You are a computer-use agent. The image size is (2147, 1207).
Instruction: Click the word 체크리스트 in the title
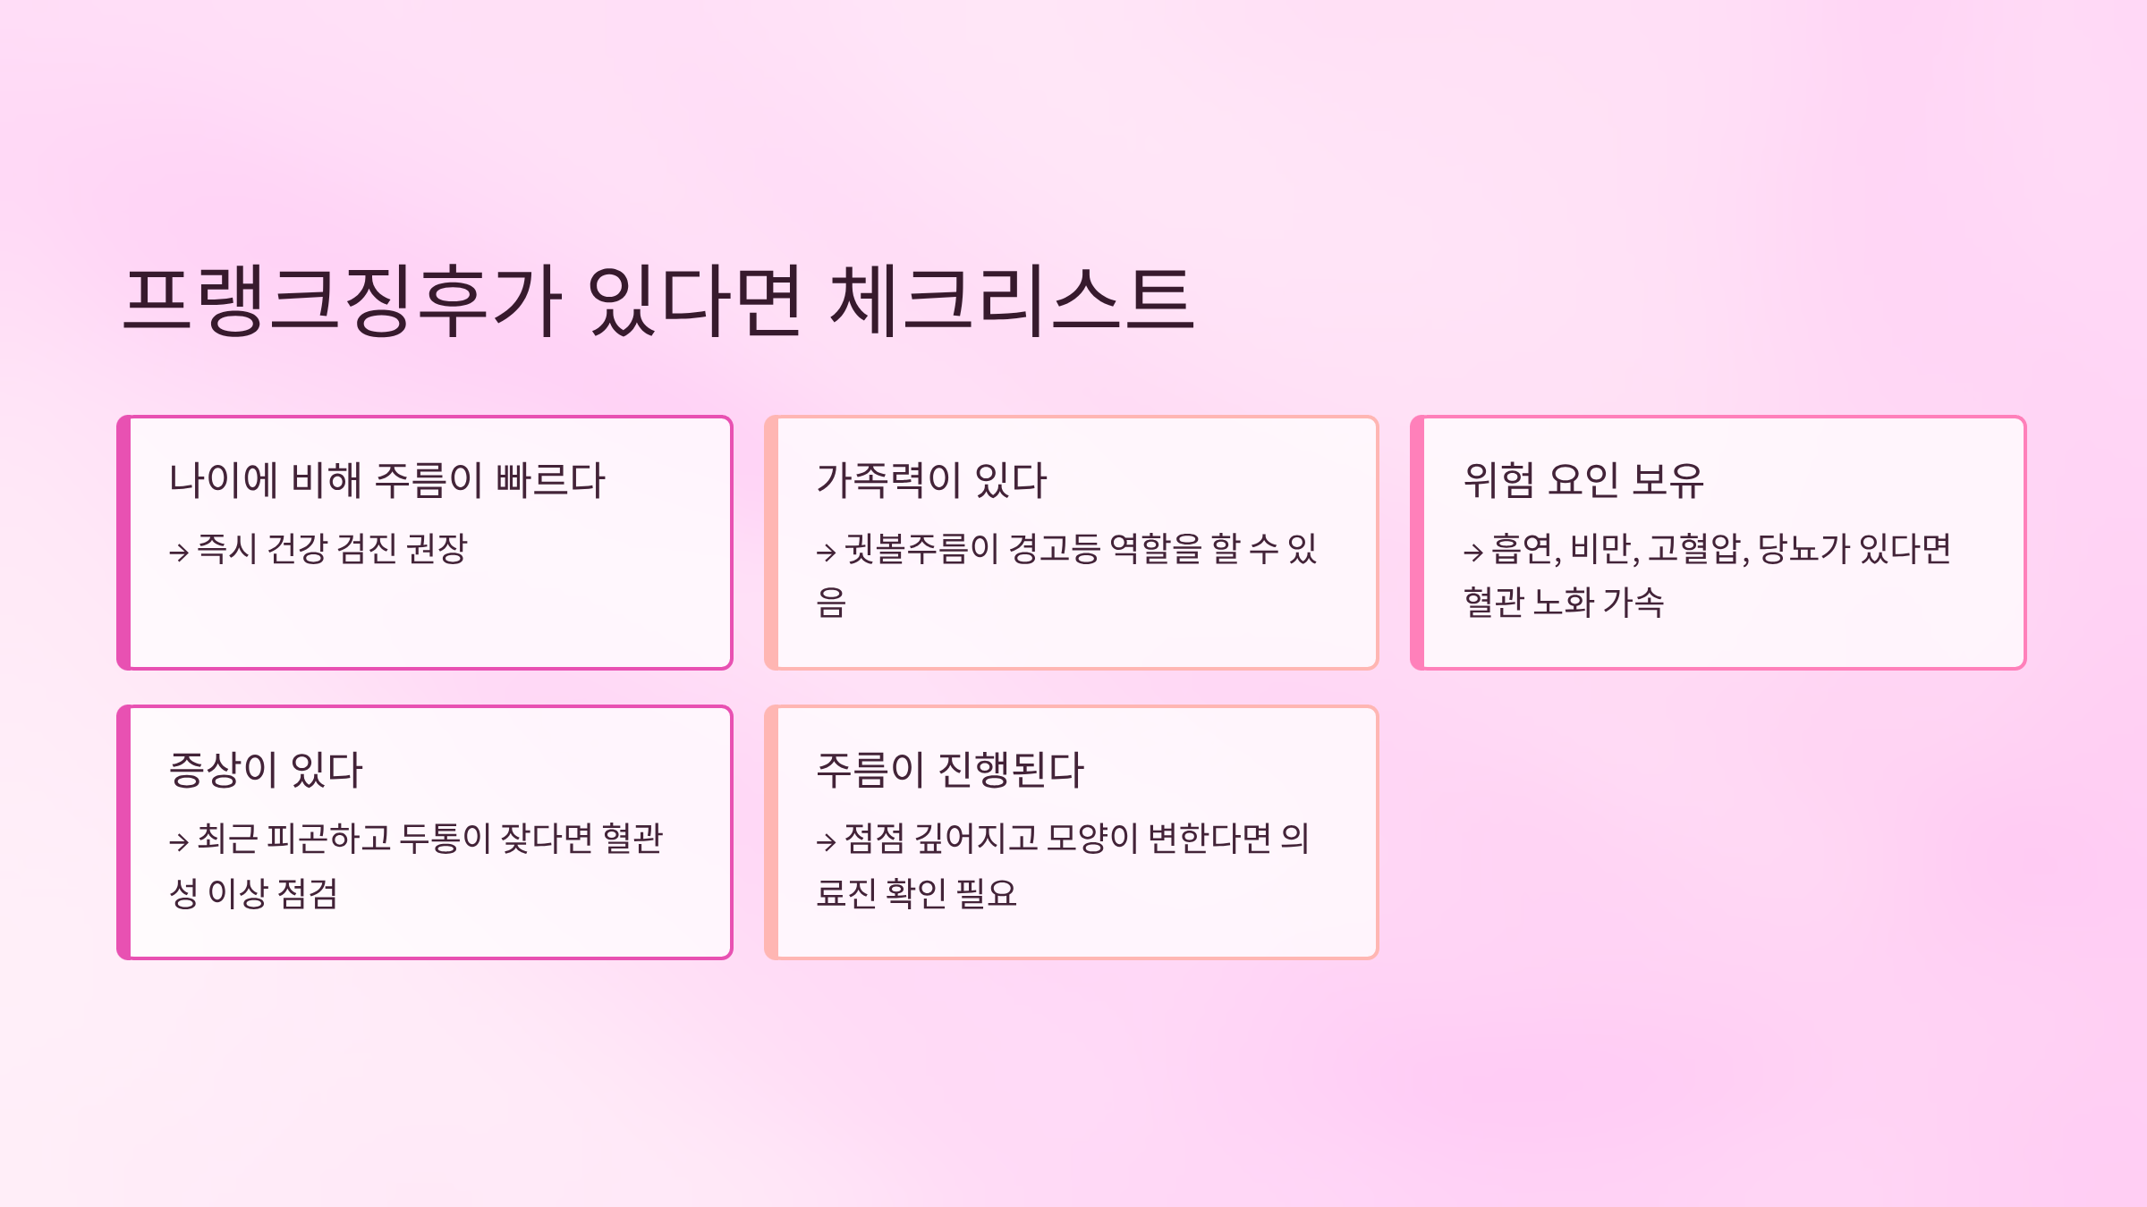(1011, 300)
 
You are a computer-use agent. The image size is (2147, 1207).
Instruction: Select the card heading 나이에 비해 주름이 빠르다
(386, 480)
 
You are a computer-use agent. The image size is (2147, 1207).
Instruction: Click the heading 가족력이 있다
(931, 480)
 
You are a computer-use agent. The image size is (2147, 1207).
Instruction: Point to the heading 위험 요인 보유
(1583, 480)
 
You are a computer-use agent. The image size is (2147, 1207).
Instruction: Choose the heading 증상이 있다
(266, 770)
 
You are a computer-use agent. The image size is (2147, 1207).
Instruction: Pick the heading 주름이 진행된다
(950, 770)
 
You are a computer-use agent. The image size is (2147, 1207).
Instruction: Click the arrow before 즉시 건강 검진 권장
(179, 553)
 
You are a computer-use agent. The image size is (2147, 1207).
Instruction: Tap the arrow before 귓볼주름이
(826, 553)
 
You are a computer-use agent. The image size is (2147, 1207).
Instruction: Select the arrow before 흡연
(1473, 553)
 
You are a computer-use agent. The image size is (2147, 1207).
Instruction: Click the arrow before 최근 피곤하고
(179, 841)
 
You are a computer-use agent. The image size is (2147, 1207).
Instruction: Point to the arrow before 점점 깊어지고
(826, 841)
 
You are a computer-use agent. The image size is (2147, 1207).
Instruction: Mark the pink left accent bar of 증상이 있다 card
(124, 832)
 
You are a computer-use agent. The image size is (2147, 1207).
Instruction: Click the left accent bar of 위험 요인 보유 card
(1418, 543)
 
